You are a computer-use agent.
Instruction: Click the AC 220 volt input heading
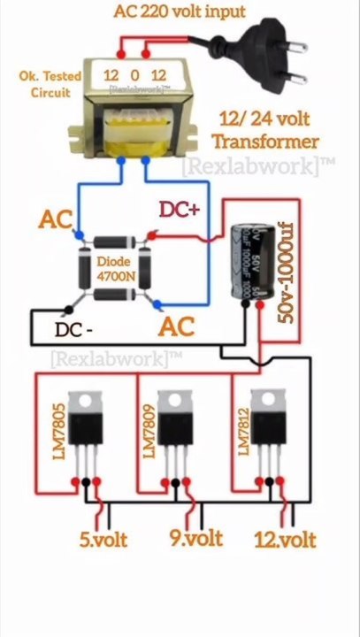[x=180, y=12]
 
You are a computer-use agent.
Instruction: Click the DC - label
[x=77, y=330]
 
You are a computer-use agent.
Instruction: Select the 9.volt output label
[x=196, y=536]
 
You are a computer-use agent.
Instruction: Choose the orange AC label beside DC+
[x=55, y=219]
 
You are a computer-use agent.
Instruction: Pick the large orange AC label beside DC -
[x=176, y=326]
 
